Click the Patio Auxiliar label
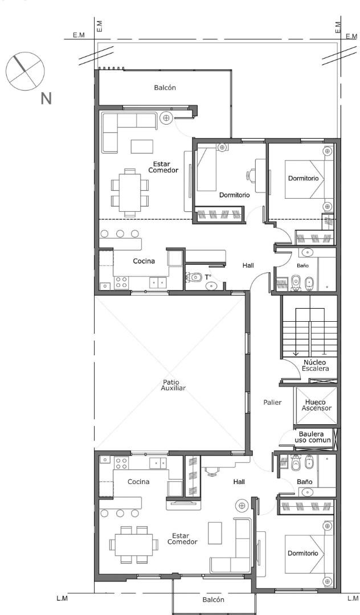click(x=173, y=385)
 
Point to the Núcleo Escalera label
click(x=315, y=366)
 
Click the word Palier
click(x=272, y=402)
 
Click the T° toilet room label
click(x=207, y=277)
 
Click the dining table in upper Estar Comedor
click(x=130, y=192)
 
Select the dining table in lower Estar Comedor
click(x=134, y=545)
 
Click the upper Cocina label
click(x=144, y=261)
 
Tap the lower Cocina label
click(x=138, y=482)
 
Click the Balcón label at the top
click(x=165, y=88)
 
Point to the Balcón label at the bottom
click(x=214, y=600)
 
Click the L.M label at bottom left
click(x=62, y=598)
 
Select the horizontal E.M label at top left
click(x=79, y=35)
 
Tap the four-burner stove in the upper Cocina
click(x=121, y=283)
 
